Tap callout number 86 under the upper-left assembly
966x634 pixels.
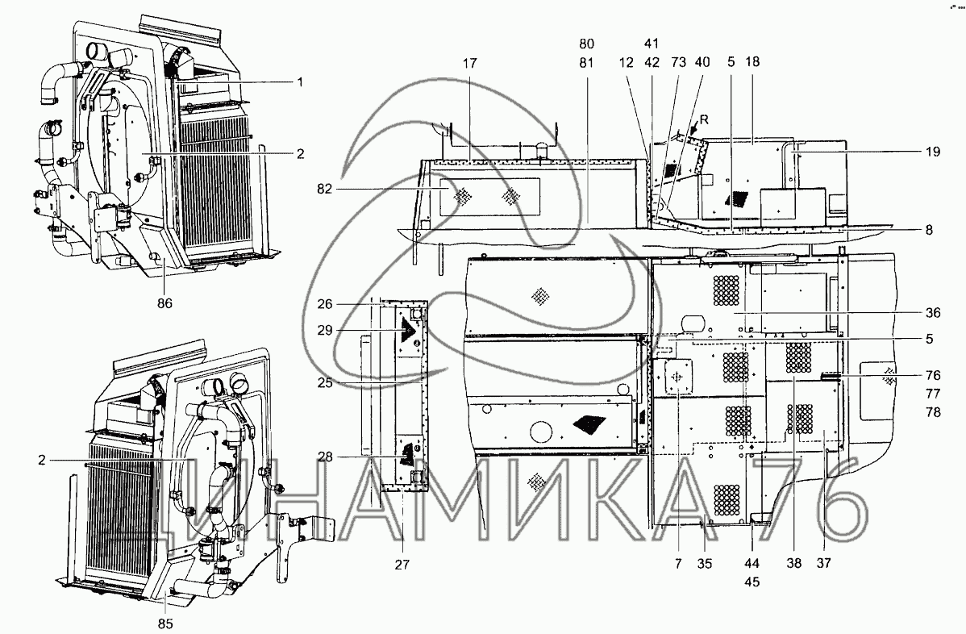tap(165, 303)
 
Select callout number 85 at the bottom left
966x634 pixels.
tap(165, 623)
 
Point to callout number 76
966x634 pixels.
tap(933, 375)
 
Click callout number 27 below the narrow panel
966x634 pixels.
tap(402, 565)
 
